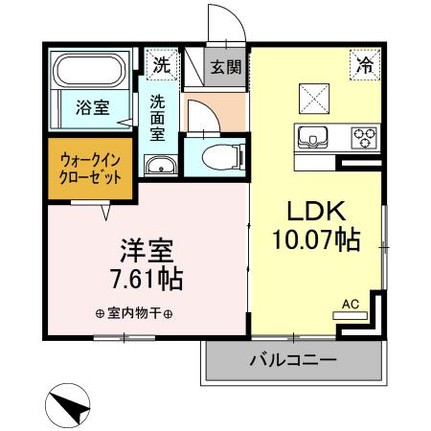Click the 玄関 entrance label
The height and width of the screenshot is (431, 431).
226,68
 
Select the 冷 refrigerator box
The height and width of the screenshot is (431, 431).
364,66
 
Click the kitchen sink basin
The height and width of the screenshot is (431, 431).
313,137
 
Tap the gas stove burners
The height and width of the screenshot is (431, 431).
365,137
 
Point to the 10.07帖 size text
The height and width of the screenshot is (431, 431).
316,241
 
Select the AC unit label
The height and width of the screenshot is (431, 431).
351,305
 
